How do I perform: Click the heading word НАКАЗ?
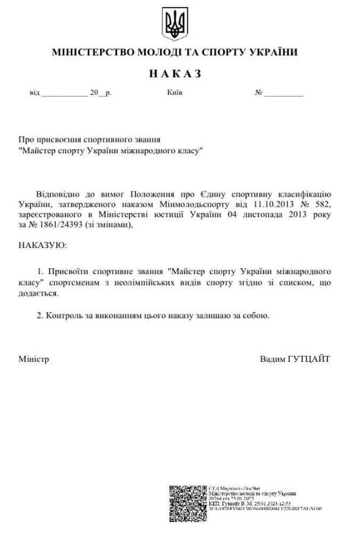[x=175, y=74]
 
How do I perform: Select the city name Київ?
[x=175, y=94]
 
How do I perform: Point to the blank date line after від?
[x=64, y=95]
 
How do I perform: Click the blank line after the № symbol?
[x=285, y=95]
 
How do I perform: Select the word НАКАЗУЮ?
[x=43, y=246]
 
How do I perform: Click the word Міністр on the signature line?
[x=34, y=359]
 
